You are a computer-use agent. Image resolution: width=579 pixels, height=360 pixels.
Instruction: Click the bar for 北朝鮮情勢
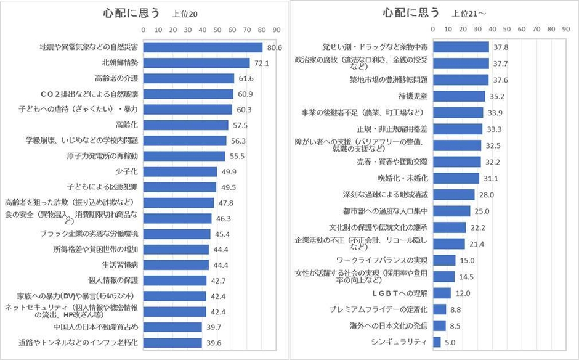196,63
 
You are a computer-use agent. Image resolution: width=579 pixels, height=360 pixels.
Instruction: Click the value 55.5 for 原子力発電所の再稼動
237,156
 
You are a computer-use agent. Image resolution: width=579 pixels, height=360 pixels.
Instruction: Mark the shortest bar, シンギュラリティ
437,342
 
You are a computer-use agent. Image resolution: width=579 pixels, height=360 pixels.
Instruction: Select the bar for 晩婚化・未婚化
456,178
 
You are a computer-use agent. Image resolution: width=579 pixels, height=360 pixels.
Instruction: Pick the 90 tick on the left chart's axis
277,29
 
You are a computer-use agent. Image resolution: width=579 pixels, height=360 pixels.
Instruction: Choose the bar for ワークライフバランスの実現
444,260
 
